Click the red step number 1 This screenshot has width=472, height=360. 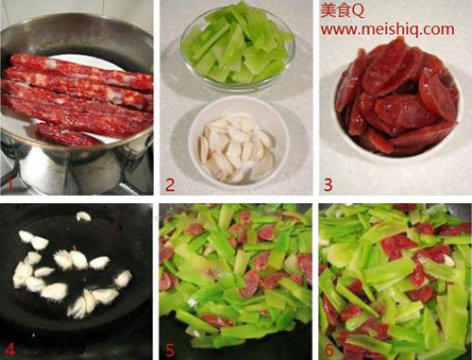(10, 185)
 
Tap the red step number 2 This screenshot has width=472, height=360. (170, 185)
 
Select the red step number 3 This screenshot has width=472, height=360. (329, 185)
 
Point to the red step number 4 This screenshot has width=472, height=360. (9, 349)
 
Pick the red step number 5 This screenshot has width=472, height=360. (170, 350)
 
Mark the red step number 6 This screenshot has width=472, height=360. (329, 350)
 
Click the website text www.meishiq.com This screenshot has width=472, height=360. (388, 29)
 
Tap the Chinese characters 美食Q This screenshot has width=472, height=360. (343, 10)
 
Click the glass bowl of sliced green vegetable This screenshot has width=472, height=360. (238, 47)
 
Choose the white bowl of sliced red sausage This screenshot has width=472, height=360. (397, 101)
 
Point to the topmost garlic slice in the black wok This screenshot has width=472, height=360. (83, 216)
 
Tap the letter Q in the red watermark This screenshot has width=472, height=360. (358, 11)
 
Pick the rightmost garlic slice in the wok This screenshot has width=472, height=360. (123, 279)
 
